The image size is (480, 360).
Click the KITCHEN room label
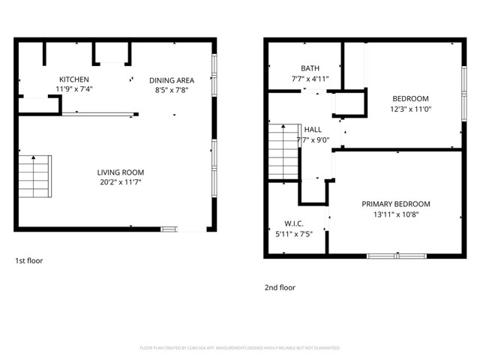(74, 79)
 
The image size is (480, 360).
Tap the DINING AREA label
(172, 80)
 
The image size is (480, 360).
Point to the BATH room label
(310, 68)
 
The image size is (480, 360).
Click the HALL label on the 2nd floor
(313, 130)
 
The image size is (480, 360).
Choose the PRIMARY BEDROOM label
(395, 204)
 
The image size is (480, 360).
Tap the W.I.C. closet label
(294, 223)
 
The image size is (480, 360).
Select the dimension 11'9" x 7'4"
(74, 88)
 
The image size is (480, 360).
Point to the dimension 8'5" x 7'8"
(172, 89)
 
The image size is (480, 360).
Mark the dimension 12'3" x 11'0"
(410, 108)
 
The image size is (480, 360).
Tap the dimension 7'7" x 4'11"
(310, 78)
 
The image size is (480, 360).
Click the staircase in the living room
(34, 177)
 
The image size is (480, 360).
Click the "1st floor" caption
(29, 261)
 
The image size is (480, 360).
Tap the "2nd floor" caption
(280, 287)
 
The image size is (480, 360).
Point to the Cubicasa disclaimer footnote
(240, 348)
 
